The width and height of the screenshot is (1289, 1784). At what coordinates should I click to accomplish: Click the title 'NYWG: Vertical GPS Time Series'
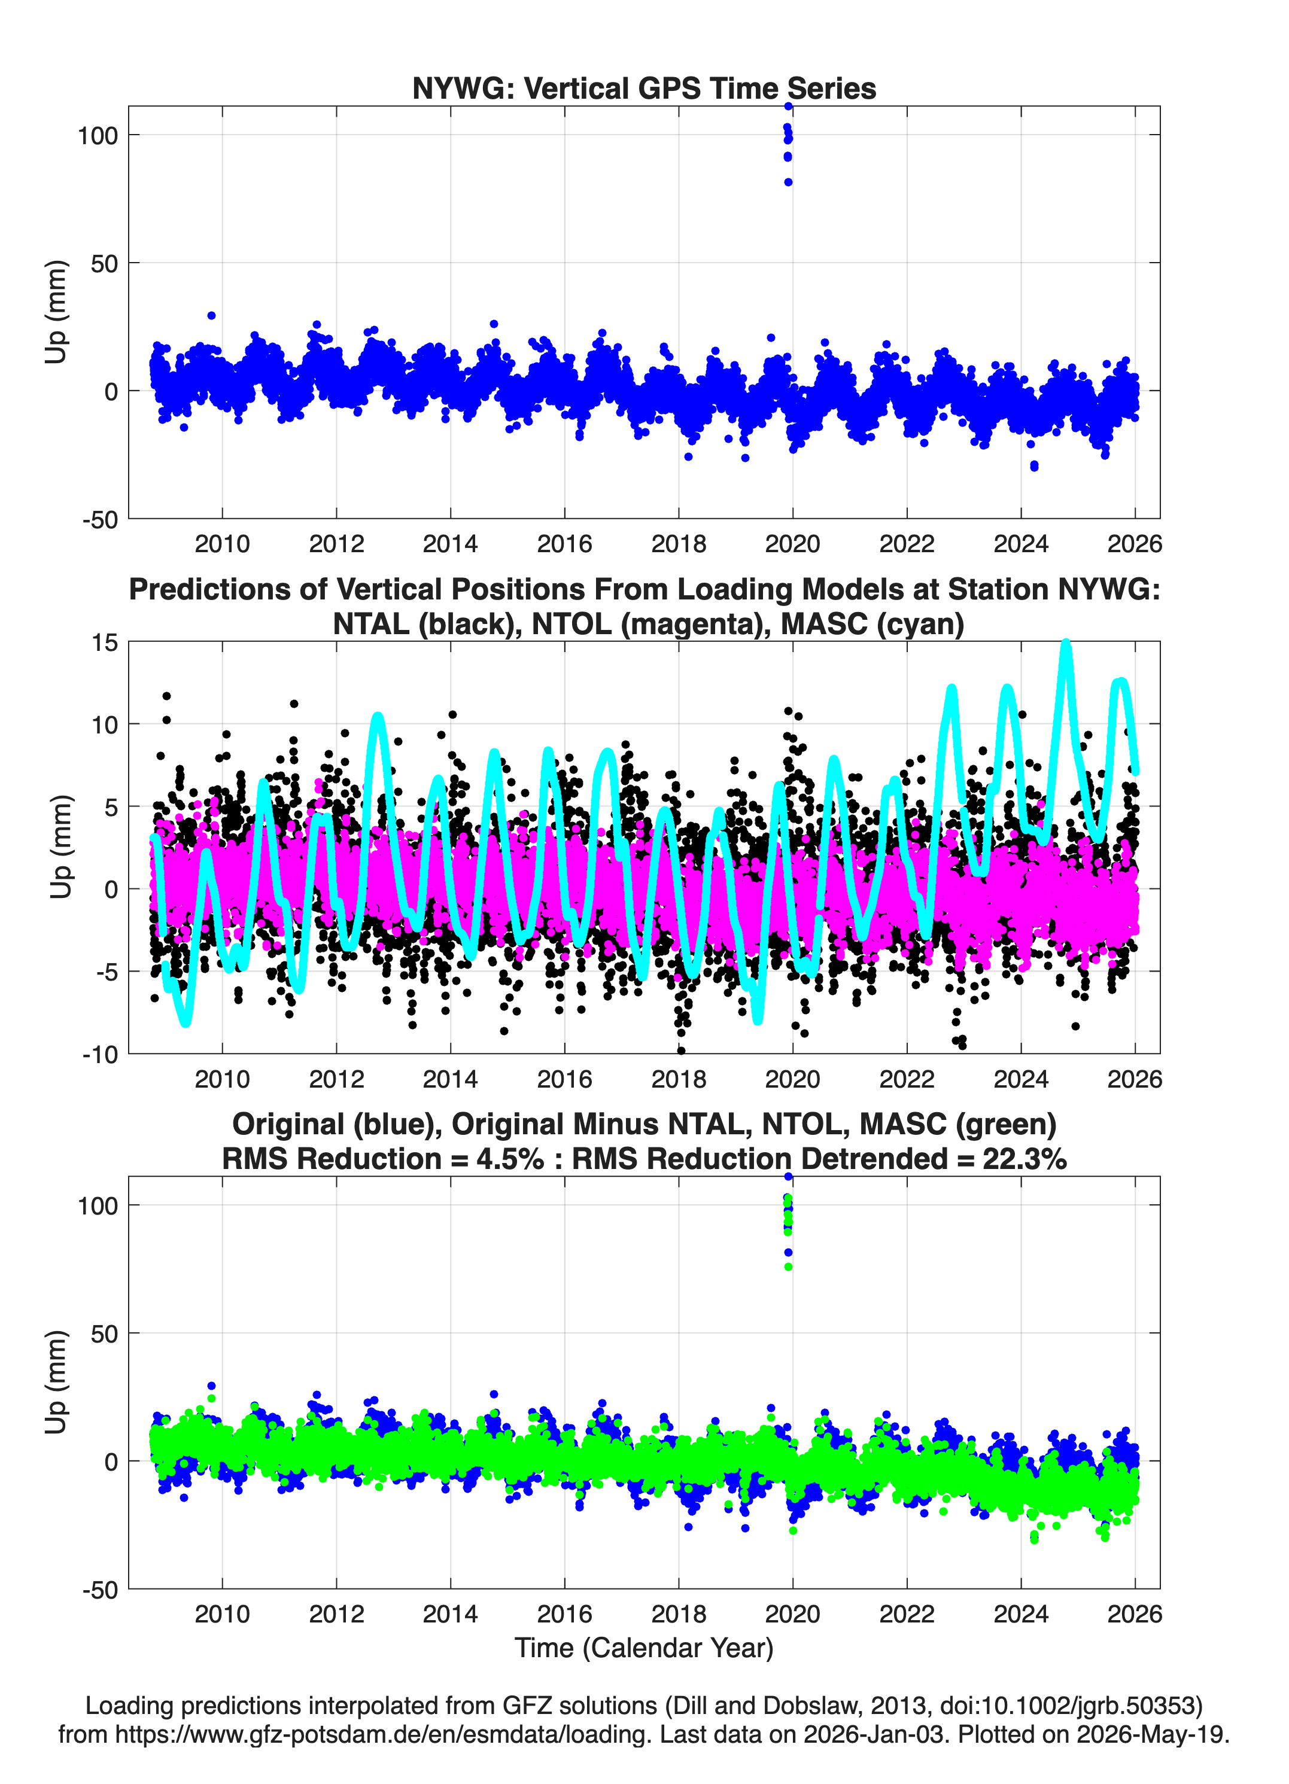click(x=644, y=88)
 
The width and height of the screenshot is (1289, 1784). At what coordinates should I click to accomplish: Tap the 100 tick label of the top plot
click(x=98, y=135)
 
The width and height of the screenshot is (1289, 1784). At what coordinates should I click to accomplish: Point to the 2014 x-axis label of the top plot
click(x=450, y=544)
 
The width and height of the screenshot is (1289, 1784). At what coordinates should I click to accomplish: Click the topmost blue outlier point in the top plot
click(x=788, y=106)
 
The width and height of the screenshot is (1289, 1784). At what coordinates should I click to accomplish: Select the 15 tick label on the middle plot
click(x=105, y=643)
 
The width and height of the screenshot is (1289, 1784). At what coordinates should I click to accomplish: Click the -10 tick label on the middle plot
click(x=100, y=1054)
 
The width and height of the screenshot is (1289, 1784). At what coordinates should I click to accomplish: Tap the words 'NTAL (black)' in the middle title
click(x=425, y=624)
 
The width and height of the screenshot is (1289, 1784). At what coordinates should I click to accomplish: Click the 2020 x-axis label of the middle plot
click(x=792, y=1079)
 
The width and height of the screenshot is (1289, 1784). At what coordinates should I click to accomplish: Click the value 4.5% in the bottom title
click(x=510, y=1159)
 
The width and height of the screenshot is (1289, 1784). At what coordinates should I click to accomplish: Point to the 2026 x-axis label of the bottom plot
click(x=1135, y=1613)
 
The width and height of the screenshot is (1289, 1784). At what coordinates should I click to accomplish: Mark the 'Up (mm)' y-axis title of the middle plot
click(x=60, y=847)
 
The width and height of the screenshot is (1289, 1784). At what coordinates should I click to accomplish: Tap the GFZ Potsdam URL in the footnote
click(x=383, y=1734)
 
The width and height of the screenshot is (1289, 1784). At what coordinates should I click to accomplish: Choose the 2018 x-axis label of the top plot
click(x=679, y=544)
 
